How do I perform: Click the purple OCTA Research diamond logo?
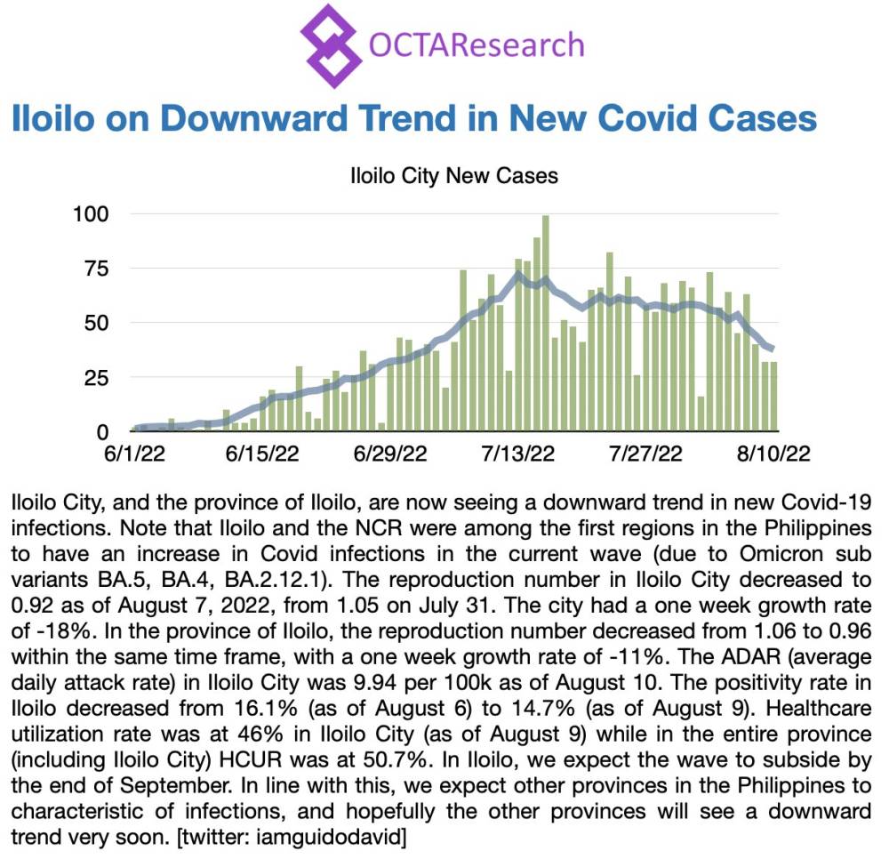pos(331,44)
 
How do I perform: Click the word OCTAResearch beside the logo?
pos(476,44)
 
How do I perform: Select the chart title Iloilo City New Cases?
pos(453,175)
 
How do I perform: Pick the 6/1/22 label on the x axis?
pos(134,454)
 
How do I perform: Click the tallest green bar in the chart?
pos(546,325)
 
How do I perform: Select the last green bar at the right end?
pos(774,397)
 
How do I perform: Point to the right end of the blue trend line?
pos(772,348)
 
